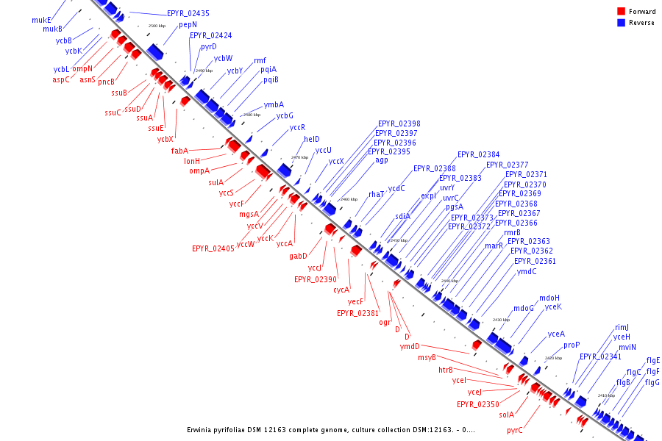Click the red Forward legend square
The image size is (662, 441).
pos(622,11)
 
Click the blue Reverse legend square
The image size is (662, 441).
pos(622,23)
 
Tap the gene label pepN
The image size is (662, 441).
pos(188,24)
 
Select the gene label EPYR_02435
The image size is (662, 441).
pos(188,13)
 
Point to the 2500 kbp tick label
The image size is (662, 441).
pos(157,26)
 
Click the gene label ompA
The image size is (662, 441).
pos(199,171)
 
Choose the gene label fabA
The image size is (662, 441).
pos(180,151)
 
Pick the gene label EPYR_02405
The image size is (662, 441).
pos(213,248)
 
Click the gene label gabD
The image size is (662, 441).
pos(298,256)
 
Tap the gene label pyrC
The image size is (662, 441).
pos(515,431)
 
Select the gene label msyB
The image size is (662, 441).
pos(427,357)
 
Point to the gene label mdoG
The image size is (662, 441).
pos(523,308)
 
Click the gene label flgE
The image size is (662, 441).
pos(653,360)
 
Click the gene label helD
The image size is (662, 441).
pos(312,139)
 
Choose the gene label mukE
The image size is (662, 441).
pos(42,20)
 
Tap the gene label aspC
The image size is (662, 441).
pos(61,79)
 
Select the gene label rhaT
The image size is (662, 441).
pos(377,194)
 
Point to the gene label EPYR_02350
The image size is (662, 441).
pos(478,404)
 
